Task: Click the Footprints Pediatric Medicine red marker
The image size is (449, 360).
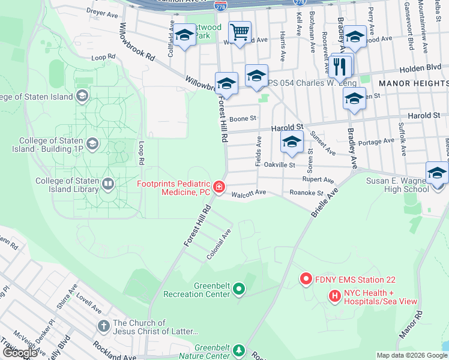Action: click(x=220, y=188)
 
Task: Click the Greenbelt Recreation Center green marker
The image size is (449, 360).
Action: click(x=239, y=290)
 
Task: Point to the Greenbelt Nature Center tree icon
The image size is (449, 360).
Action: click(x=239, y=350)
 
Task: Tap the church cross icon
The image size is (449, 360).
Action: click(x=103, y=326)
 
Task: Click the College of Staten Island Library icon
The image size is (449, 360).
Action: click(x=108, y=184)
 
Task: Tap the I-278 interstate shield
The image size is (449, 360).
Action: click(x=220, y=5)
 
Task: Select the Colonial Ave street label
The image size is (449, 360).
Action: click(x=219, y=245)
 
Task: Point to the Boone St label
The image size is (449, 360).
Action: click(x=243, y=118)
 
